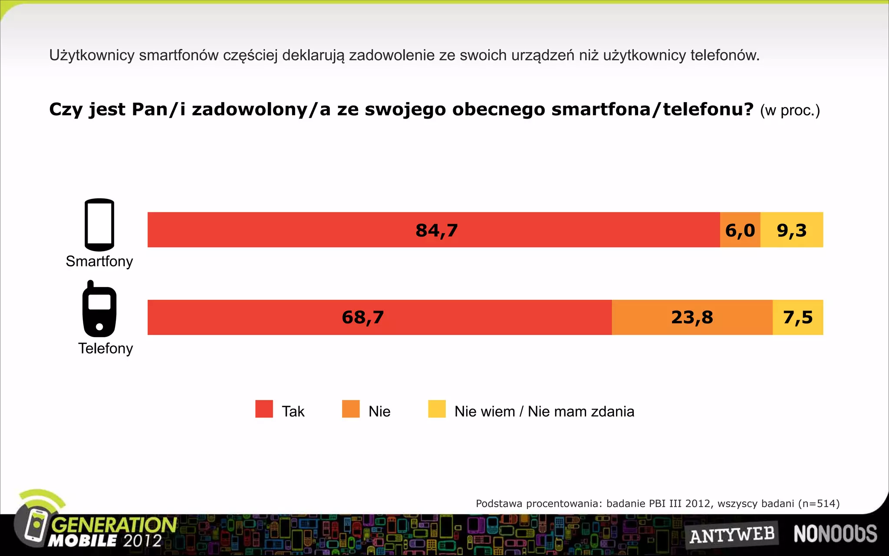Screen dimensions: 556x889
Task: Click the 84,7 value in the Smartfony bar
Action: coord(437,230)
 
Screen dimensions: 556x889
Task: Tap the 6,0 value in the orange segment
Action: coord(740,230)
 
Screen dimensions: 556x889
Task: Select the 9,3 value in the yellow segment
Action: coord(792,230)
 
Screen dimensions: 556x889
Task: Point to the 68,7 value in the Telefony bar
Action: coord(363,318)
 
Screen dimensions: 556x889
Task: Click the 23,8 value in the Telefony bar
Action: coord(692,318)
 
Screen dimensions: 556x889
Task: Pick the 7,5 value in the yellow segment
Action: coord(798,318)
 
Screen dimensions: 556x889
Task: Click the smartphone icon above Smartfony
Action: coord(99,225)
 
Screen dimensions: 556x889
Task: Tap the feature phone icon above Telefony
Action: coord(99,310)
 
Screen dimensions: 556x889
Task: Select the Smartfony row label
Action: coord(99,261)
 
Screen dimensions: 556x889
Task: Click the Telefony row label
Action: coord(105,348)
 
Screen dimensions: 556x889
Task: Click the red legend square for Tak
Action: coord(264,409)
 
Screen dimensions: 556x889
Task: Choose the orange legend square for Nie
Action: coord(351,409)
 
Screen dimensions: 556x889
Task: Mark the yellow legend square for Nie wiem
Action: coord(437,409)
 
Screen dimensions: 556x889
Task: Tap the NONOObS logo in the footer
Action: coord(835,534)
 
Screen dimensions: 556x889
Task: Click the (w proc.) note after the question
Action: coord(790,111)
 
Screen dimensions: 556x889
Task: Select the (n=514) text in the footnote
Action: coord(819,503)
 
